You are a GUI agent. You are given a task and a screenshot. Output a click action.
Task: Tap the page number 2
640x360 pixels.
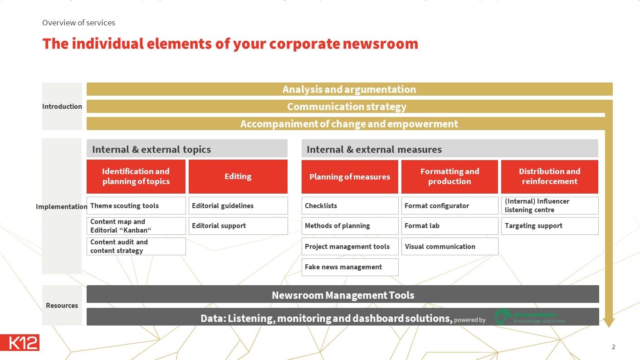613,347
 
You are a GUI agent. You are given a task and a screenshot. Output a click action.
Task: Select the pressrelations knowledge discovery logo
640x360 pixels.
530,317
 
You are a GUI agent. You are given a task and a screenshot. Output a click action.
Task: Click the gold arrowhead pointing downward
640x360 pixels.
609,322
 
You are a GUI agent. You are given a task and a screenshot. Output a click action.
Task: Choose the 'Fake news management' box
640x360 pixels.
350,267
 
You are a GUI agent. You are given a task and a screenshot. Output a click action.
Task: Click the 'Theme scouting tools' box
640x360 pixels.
136,205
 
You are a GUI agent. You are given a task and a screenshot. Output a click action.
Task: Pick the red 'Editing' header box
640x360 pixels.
238,176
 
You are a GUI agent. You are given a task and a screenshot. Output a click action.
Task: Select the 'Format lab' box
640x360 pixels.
449,226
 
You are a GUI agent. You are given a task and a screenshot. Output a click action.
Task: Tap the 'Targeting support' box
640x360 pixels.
549,226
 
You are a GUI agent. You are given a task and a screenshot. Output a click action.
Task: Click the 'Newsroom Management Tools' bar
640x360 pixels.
342,295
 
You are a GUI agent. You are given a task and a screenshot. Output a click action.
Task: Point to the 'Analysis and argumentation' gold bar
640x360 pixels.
349,89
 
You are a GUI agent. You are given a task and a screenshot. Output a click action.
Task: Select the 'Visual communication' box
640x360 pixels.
449,247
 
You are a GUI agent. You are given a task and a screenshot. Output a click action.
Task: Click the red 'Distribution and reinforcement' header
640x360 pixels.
549,176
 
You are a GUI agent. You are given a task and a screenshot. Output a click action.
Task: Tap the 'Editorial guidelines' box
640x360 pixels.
238,205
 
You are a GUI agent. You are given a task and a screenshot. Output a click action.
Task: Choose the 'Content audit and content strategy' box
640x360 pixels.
136,246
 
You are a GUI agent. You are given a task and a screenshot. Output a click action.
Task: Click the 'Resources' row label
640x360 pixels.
62,305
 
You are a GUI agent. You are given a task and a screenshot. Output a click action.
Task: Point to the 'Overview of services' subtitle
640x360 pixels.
78,22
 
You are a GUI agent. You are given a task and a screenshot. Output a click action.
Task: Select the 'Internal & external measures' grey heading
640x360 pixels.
449,149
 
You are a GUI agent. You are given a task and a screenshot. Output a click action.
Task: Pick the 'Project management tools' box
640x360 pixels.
350,247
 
